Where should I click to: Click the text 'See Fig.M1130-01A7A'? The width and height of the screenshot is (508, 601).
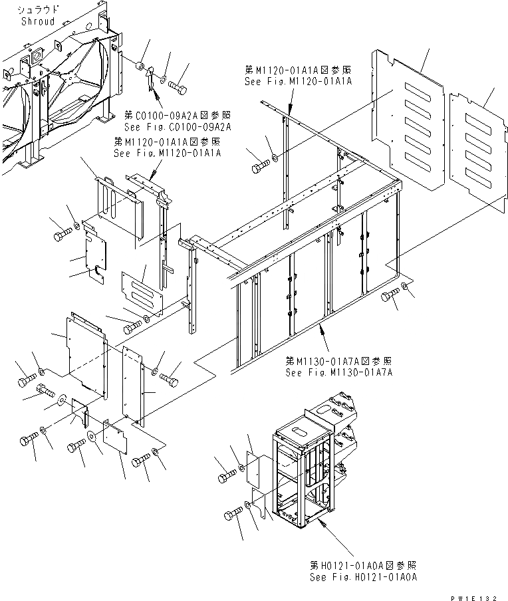point(339,373)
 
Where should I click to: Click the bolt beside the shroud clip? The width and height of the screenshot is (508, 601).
point(176,85)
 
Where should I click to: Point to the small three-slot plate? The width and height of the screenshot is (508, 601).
point(142,291)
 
